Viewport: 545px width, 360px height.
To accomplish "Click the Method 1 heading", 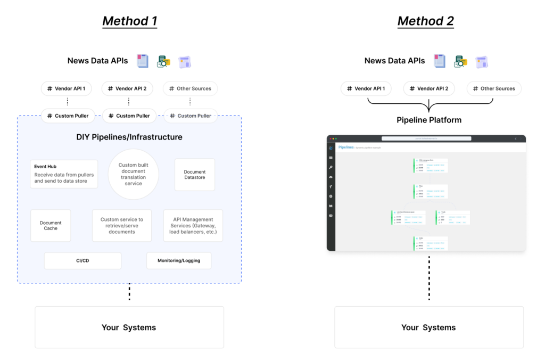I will [129, 21].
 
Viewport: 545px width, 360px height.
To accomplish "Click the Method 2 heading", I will [425, 21].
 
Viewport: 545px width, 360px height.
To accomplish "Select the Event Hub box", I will [64, 174].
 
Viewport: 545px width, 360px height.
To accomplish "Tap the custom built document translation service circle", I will [133, 174].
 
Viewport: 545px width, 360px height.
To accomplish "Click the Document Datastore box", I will [195, 175].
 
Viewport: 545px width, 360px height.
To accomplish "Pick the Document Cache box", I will [51, 225].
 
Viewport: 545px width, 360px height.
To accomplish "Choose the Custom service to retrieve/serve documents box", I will [122, 225].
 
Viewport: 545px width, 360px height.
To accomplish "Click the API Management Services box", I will [193, 225].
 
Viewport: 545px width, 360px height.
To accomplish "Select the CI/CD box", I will [82, 260].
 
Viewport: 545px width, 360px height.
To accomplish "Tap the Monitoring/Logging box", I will [179, 260].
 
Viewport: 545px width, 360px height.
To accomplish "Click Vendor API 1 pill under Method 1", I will [67, 88].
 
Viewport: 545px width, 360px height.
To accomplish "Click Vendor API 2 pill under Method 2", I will [428, 88].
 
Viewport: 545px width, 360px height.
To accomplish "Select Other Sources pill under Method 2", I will [493, 88].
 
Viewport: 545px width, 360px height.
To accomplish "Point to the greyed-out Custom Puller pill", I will [191, 116].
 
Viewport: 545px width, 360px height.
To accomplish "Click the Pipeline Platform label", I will [428, 119].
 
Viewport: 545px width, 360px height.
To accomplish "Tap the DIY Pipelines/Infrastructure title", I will [129, 137].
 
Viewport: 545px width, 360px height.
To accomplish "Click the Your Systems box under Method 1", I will [129, 327].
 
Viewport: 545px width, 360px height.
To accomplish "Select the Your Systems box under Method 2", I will [428, 327].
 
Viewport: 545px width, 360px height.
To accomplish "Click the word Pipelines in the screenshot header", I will [345, 146].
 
